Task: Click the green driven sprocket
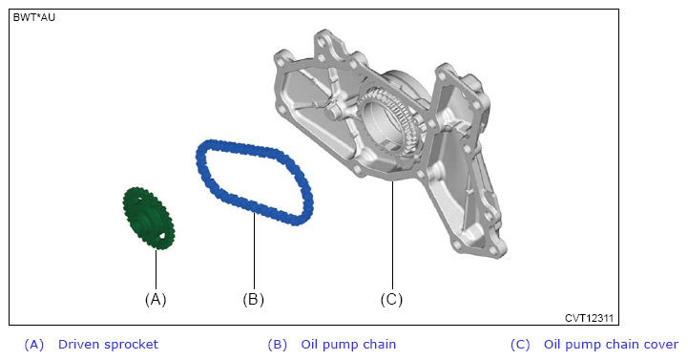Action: [x=148, y=218]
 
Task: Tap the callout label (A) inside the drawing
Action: [x=156, y=300]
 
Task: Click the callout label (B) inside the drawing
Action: [x=254, y=300]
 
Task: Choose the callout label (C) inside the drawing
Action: [x=391, y=300]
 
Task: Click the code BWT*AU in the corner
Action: [x=34, y=17]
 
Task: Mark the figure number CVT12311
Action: [x=589, y=318]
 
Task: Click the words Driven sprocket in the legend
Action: [x=108, y=344]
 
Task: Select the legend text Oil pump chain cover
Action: [x=611, y=344]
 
